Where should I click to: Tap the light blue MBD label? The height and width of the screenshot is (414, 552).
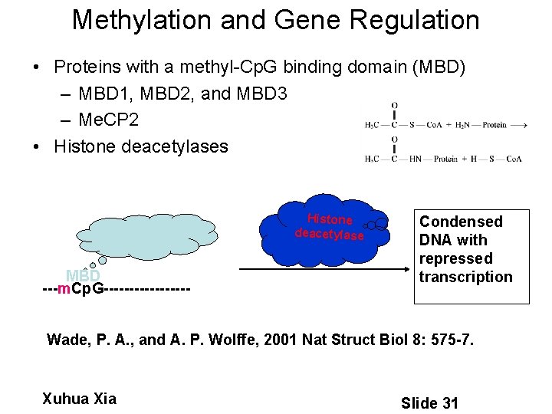83,276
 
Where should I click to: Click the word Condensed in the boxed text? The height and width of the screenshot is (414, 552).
461,222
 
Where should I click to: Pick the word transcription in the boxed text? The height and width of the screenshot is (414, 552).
465,277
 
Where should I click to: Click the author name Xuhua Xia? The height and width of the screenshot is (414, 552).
80,399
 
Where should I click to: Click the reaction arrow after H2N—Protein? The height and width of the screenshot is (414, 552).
518,125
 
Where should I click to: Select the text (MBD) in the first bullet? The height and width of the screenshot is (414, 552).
439,67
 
